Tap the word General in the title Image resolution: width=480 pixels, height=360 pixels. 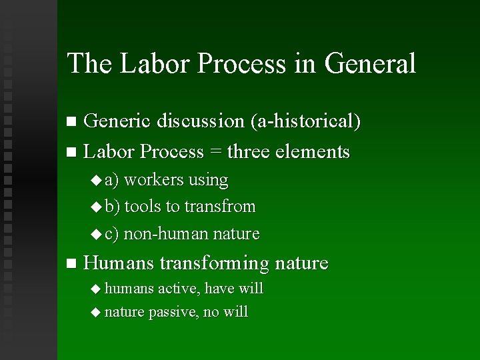point(370,64)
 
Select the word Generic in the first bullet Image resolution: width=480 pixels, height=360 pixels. point(117,121)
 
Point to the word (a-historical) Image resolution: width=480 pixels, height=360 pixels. point(306,121)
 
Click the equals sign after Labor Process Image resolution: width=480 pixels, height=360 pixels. point(215,153)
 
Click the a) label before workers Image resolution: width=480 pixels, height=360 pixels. point(113,180)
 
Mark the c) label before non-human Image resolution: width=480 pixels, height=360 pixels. point(112,234)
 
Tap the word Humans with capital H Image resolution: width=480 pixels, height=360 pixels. point(119,263)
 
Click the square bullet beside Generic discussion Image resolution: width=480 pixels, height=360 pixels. point(72,122)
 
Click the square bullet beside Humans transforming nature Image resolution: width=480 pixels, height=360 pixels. point(72,264)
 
